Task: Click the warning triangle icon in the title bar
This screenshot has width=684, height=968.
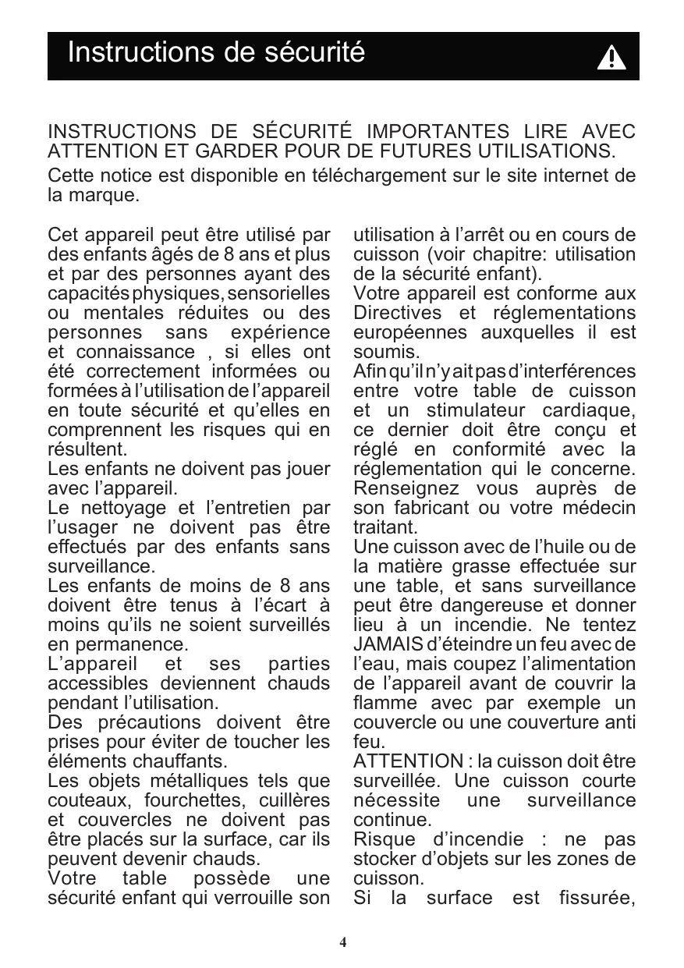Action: click(611, 58)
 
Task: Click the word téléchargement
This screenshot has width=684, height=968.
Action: click(370, 176)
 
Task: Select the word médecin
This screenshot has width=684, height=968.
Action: click(600, 509)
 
